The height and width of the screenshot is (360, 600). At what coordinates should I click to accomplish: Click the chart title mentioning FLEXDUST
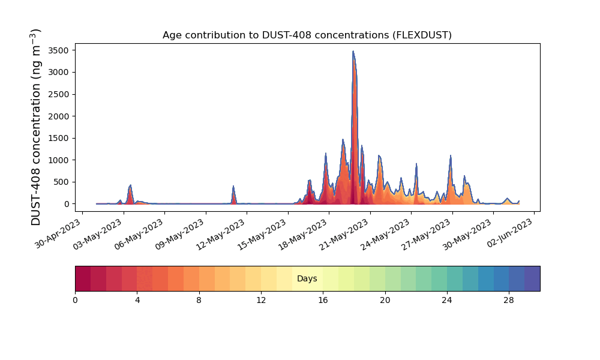[307, 35]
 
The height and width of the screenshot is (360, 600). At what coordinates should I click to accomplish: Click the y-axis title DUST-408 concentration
[35, 127]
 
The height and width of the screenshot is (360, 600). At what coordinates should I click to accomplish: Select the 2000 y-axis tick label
[59, 116]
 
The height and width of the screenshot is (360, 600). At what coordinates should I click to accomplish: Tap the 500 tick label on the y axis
[61, 182]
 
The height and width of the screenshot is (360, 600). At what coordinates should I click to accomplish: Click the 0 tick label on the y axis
[67, 204]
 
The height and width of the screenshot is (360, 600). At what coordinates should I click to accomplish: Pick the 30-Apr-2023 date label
[58, 234]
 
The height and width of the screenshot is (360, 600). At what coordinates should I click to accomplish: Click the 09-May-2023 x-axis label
[179, 235]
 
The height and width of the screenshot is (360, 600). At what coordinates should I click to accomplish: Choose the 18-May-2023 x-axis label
[302, 235]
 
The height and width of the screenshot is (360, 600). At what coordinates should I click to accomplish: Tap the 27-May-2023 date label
[425, 235]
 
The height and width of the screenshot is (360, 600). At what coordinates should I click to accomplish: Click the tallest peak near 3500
[353, 51]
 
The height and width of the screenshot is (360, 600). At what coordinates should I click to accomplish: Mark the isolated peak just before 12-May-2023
[233, 187]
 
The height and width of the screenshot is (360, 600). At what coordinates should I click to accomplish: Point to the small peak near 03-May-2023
[130, 185]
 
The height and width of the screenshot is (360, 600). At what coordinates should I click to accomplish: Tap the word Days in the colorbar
[307, 278]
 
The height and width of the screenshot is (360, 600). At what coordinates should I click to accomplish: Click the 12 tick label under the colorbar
[261, 301]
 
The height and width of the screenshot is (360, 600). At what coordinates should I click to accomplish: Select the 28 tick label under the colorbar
[509, 301]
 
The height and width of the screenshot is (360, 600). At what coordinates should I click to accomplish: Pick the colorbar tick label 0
[75, 301]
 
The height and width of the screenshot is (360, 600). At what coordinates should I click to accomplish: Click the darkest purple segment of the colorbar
[532, 278]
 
